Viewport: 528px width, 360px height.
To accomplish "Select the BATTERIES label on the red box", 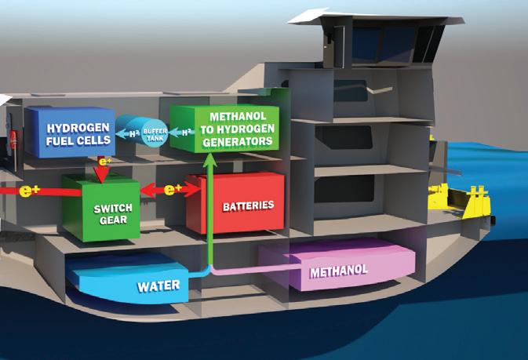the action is [249, 205].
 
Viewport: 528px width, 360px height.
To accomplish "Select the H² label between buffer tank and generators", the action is [184, 133].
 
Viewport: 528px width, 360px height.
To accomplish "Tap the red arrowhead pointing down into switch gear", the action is [102, 180].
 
